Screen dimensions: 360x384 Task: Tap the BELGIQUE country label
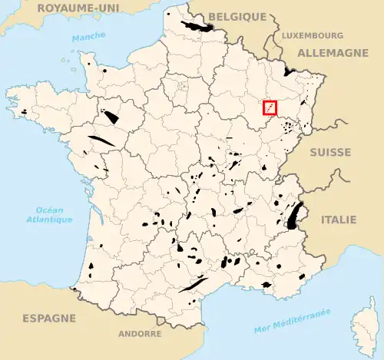237,15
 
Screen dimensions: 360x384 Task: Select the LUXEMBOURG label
312,35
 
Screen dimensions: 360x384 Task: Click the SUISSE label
330,153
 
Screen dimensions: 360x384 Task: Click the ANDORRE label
140,334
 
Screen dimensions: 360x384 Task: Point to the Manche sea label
89,37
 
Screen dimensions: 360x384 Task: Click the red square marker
270,108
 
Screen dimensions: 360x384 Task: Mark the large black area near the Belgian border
198,28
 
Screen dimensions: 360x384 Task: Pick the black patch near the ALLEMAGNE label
290,71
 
